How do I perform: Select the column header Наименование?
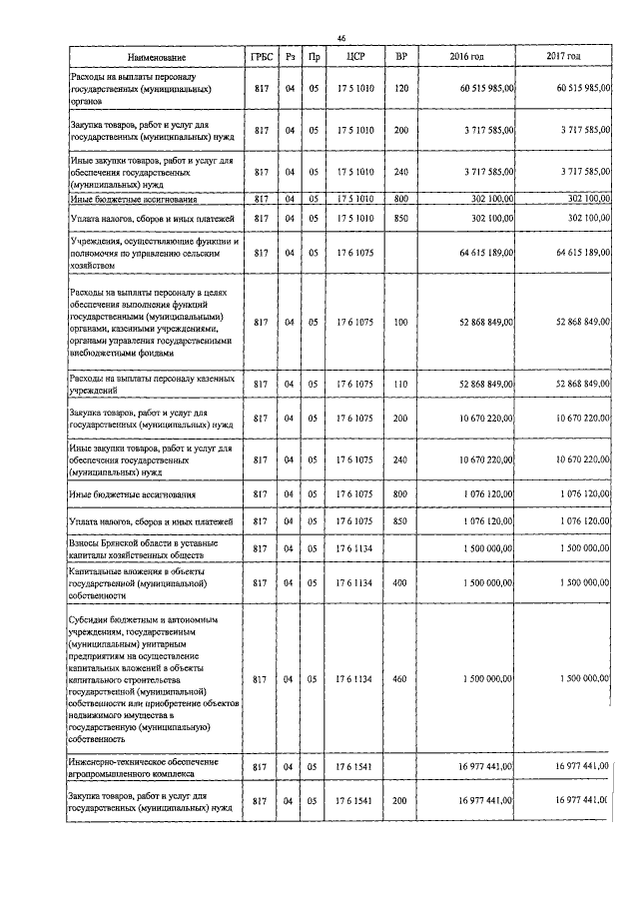point(156,58)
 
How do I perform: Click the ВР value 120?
point(401,89)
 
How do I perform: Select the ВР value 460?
point(401,679)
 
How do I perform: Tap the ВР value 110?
point(401,385)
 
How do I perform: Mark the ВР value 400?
point(401,581)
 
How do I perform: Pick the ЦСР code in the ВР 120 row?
point(353,89)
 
